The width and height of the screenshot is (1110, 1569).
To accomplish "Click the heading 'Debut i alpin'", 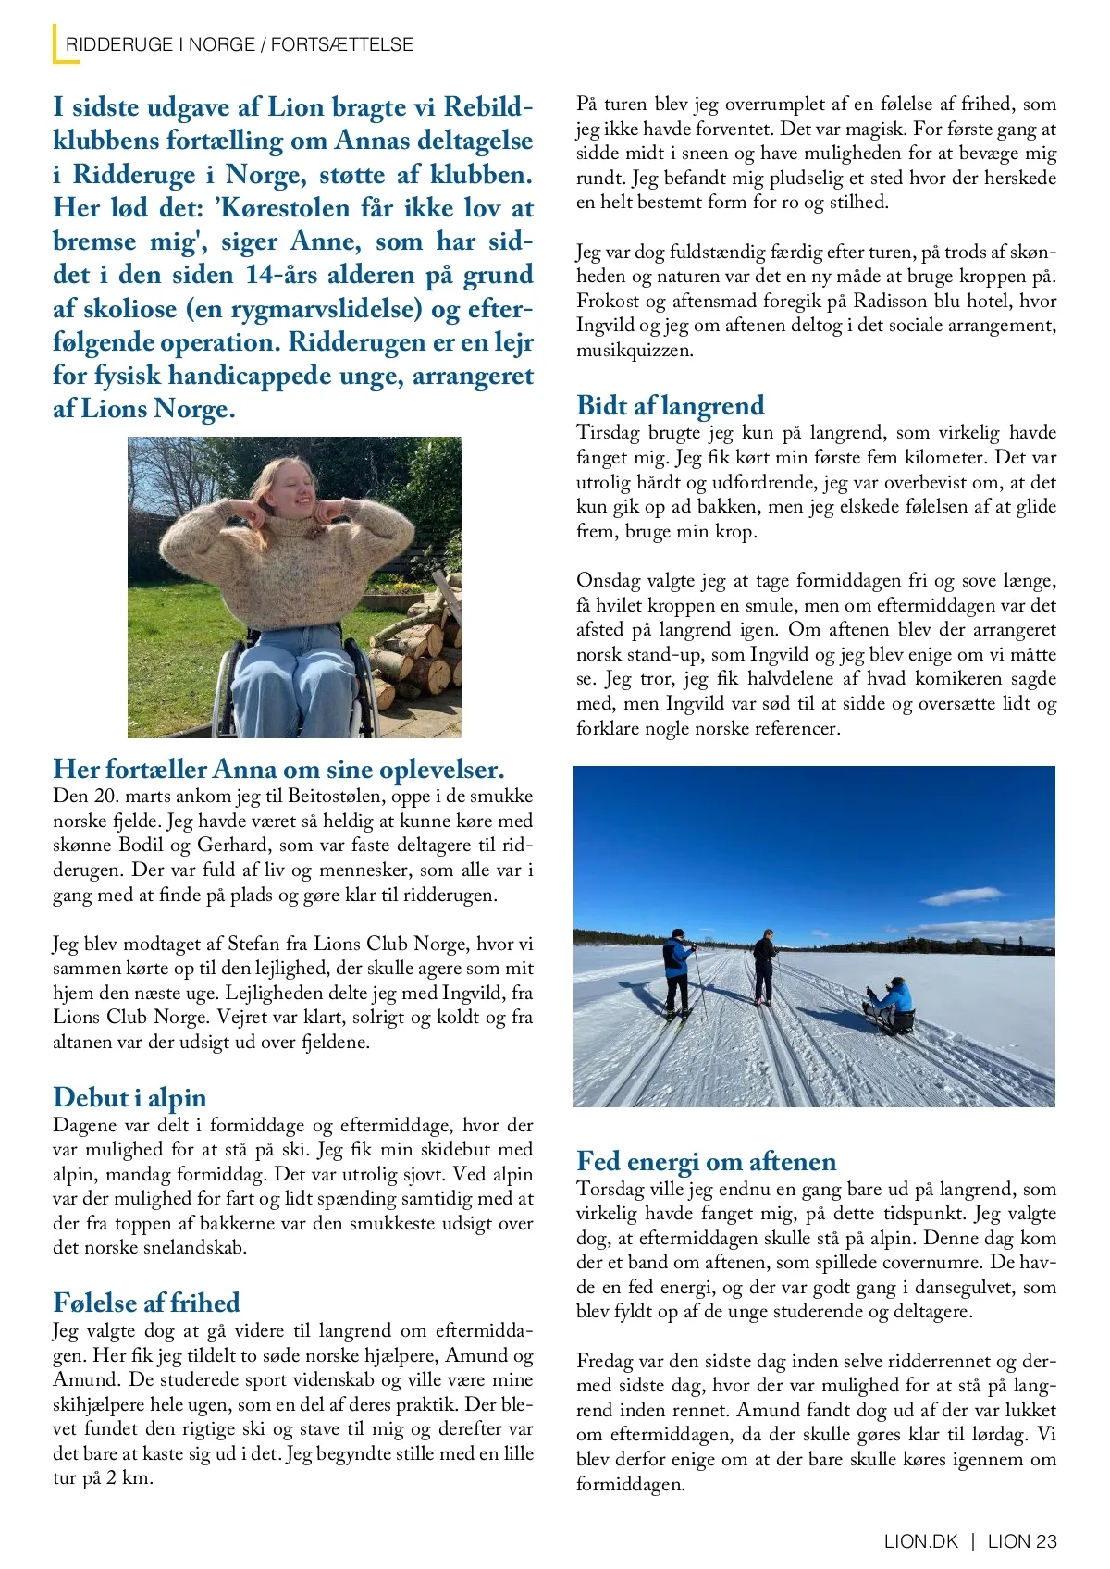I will pos(129,1098).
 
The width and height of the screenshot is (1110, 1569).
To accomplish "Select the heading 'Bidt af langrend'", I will pos(670,405).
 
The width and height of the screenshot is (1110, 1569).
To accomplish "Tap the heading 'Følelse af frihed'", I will pos(146,1303).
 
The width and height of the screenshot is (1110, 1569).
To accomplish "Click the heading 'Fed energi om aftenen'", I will pos(706,1162).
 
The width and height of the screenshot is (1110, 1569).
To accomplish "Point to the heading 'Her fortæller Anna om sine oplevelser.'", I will pos(278,770).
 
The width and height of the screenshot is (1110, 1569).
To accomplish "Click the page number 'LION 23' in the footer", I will pos(1022,1541).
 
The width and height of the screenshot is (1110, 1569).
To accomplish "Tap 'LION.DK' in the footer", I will pos(921,1541).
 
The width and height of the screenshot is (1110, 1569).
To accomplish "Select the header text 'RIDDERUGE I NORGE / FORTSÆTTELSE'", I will pos(239,44).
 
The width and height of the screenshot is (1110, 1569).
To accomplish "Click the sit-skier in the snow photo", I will pos(891,1007).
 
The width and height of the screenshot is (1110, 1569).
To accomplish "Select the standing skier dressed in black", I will pos(764,966).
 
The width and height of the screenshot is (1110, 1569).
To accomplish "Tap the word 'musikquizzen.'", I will pos(634,351).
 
